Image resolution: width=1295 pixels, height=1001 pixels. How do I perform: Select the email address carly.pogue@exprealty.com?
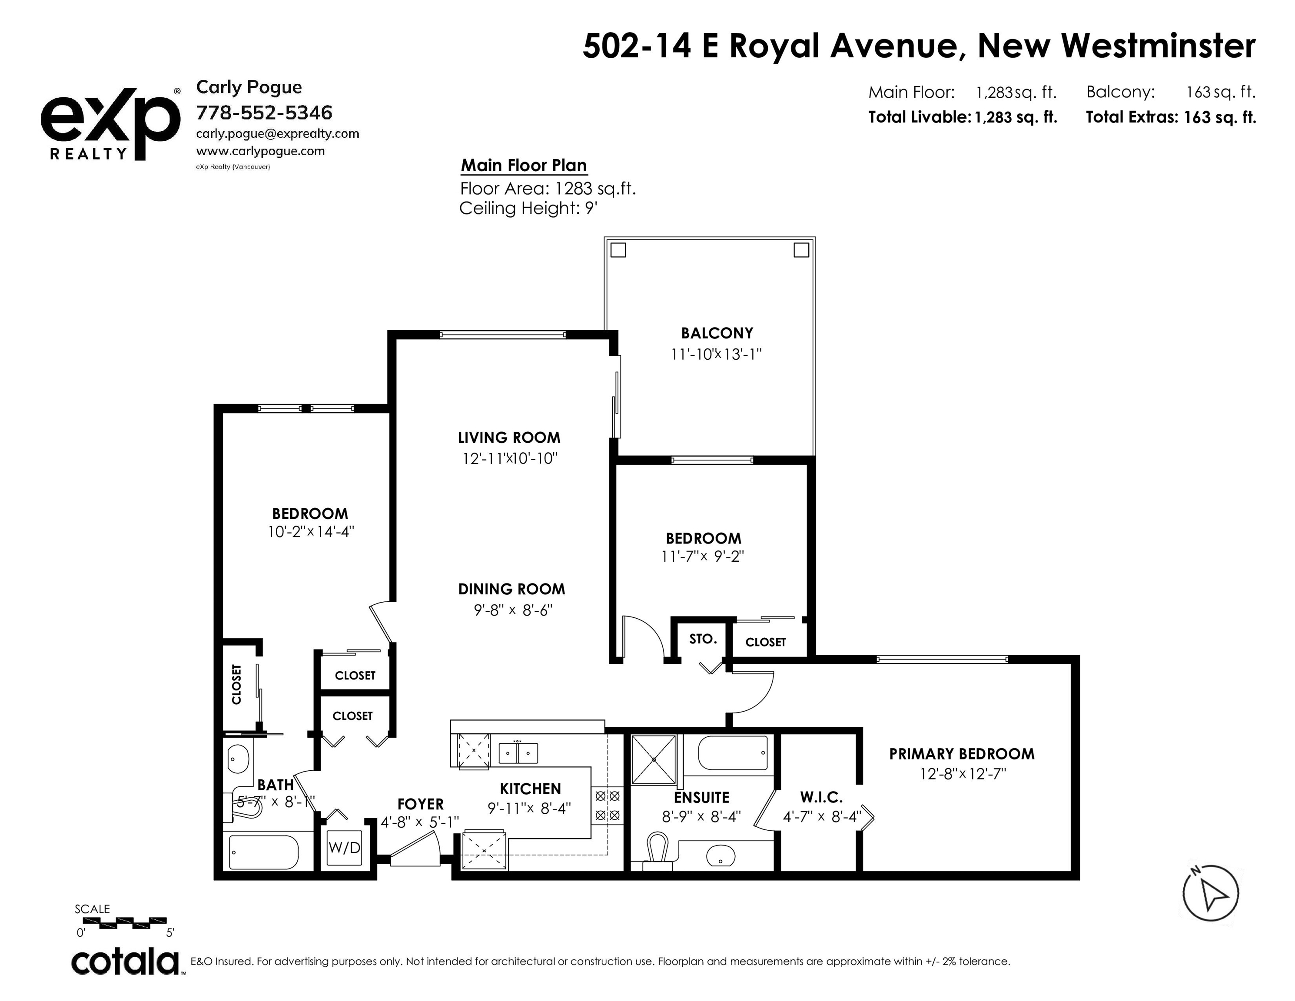pyautogui.click(x=278, y=134)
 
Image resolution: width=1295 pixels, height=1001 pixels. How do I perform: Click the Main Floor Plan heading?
pyautogui.click(x=524, y=166)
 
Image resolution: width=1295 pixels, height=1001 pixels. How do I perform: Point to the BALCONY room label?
pyautogui.click(x=717, y=333)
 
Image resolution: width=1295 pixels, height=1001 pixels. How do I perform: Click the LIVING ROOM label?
pyautogui.click(x=509, y=438)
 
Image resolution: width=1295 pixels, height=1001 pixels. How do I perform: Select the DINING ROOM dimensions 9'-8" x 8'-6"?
pyautogui.click(x=513, y=610)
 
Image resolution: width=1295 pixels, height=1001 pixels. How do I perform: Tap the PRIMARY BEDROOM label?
pyautogui.click(x=962, y=754)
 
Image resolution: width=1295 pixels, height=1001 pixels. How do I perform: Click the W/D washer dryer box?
pyautogui.click(x=345, y=848)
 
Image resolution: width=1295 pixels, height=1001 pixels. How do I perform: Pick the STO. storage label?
pyautogui.click(x=703, y=639)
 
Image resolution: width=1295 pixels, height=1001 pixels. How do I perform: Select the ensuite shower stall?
pyautogui.click(x=654, y=759)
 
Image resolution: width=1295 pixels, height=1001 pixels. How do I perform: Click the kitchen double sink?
pyautogui.click(x=518, y=752)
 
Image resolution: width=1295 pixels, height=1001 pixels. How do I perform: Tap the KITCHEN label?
pyautogui.click(x=530, y=789)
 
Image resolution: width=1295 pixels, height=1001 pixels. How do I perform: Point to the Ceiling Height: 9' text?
pyautogui.click(x=528, y=209)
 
